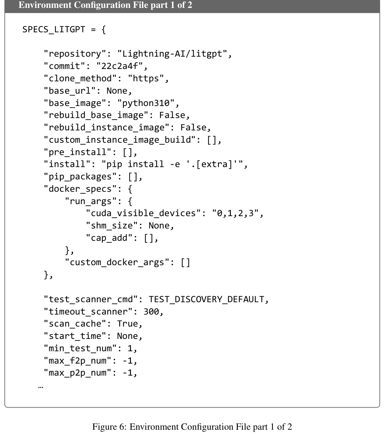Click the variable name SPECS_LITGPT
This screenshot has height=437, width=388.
(x=54, y=29)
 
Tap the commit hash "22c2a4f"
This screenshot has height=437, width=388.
(x=120, y=66)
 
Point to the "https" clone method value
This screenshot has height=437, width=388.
(x=146, y=78)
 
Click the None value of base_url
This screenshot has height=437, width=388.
(x=117, y=91)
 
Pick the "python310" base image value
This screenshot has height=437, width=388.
(x=146, y=103)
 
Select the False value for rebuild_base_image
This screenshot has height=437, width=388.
(x=172, y=115)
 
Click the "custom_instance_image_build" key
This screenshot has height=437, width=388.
(x=120, y=140)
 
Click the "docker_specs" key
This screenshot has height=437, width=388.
(x=80, y=189)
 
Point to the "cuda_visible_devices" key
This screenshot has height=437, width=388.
(x=143, y=213)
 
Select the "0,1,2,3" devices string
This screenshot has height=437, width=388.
(x=235, y=213)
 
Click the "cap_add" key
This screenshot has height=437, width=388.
(x=109, y=238)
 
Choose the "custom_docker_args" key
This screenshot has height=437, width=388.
(x=117, y=262)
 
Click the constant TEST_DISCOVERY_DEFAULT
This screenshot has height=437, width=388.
(x=206, y=299)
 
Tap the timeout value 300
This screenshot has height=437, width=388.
(x=151, y=312)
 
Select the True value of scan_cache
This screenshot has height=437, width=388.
(x=127, y=324)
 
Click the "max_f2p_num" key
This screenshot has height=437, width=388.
(x=77, y=361)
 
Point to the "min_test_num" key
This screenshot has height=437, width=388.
(x=80, y=348)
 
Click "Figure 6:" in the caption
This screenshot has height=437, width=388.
(x=109, y=427)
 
